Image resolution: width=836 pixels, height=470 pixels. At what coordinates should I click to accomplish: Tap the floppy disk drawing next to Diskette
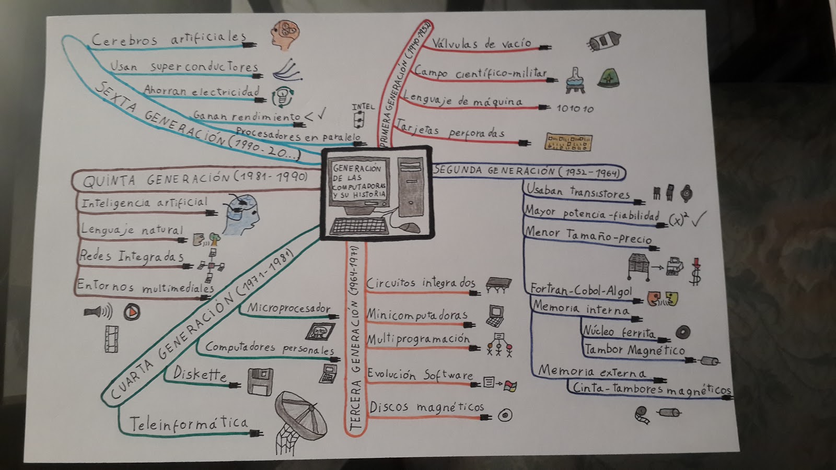tap(260, 382)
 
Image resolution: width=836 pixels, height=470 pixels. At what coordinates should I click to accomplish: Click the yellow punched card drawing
tap(568, 142)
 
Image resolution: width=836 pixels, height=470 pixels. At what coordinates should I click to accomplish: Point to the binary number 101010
tap(575, 109)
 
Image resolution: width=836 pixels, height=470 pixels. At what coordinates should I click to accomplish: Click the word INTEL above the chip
tap(363, 107)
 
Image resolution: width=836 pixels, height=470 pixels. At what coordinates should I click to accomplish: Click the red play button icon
tap(132, 312)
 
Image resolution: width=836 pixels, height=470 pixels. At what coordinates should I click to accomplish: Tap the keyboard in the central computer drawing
tap(359, 226)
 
